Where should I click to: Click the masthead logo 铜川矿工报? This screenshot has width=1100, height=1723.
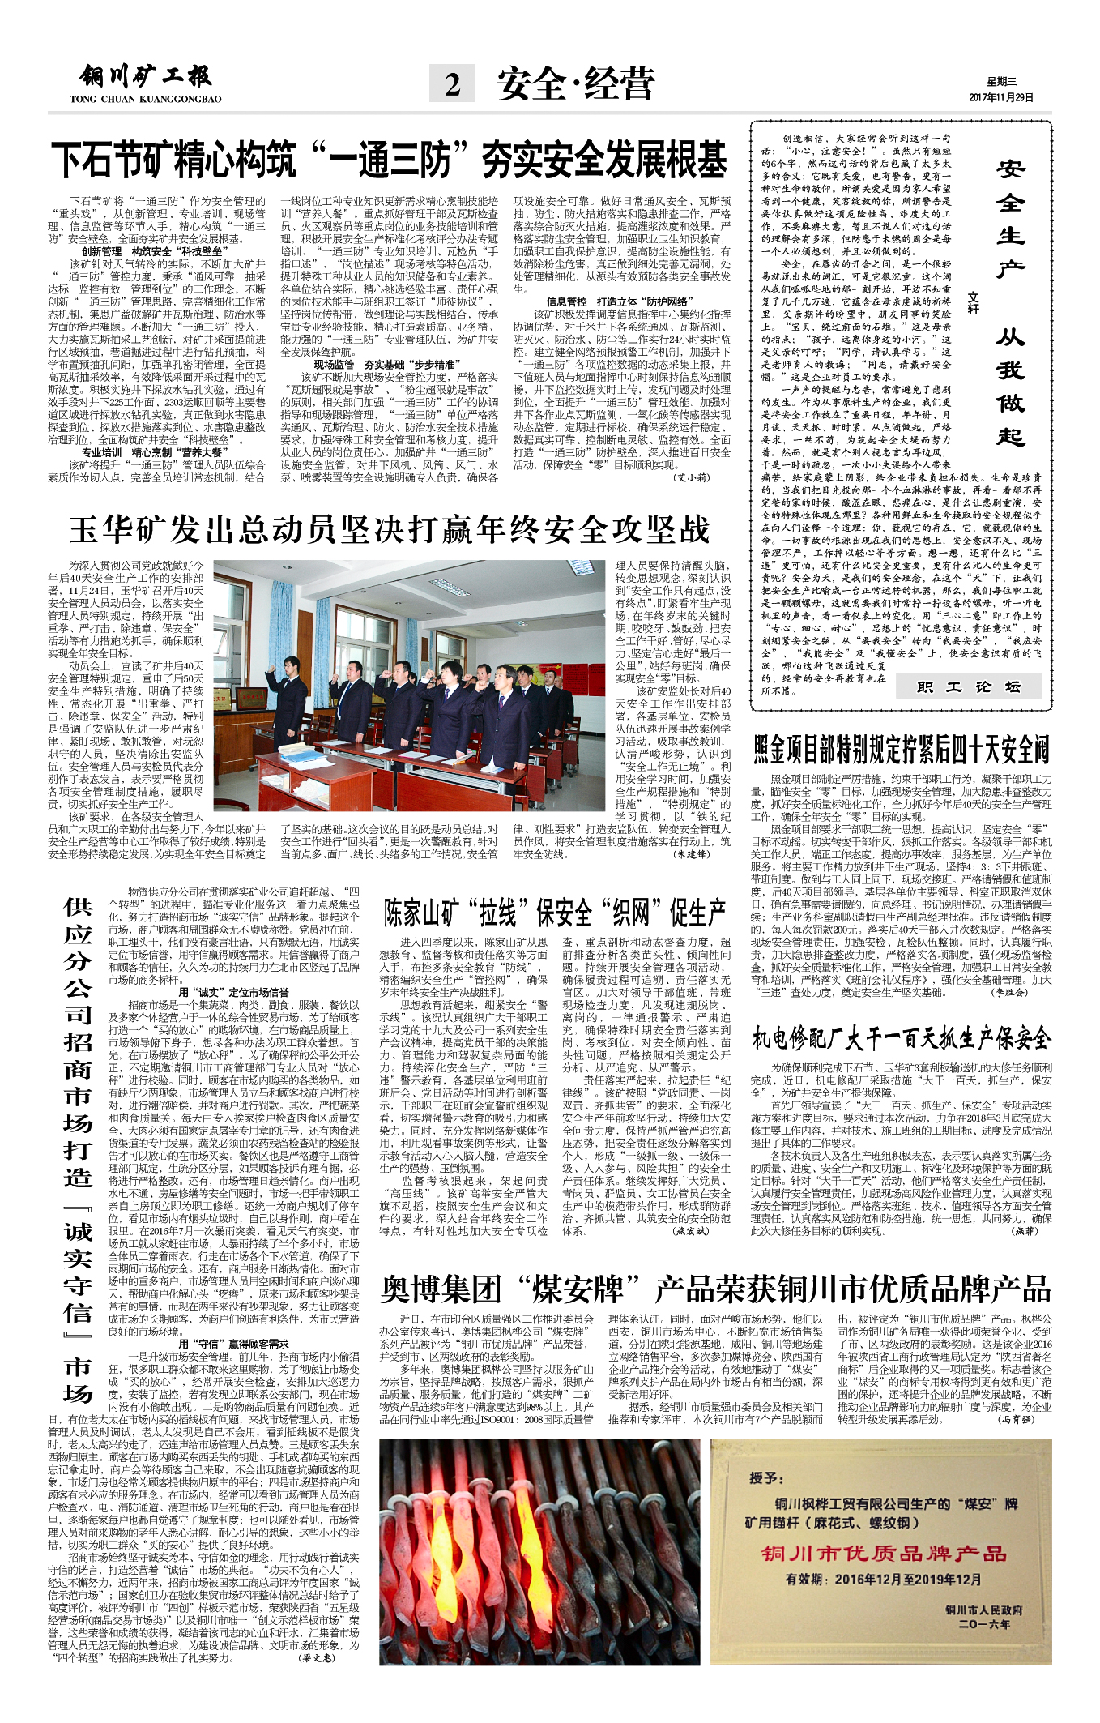[x=145, y=78]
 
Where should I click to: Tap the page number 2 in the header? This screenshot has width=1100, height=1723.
[x=453, y=83]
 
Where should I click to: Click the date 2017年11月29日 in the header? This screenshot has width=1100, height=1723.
[x=1001, y=97]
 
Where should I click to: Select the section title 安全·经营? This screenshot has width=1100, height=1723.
[x=575, y=83]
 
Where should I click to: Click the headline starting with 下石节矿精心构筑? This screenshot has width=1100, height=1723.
[x=389, y=160]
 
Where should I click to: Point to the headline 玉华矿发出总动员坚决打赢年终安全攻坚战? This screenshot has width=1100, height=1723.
[x=389, y=530]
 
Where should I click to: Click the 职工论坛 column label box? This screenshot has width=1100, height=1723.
[x=968, y=687]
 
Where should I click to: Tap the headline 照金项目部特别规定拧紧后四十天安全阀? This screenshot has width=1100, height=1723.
[x=901, y=750]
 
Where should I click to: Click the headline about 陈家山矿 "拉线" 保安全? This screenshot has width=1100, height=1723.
[x=554, y=913]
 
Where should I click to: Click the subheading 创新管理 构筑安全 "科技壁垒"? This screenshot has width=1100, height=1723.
[x=156, y=252]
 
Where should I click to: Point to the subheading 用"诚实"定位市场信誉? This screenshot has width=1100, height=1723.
[x=233, y=992]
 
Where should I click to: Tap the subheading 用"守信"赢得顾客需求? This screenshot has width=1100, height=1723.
[x=233, y=1344]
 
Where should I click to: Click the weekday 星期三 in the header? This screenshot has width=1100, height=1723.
[x=1001, y=81]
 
